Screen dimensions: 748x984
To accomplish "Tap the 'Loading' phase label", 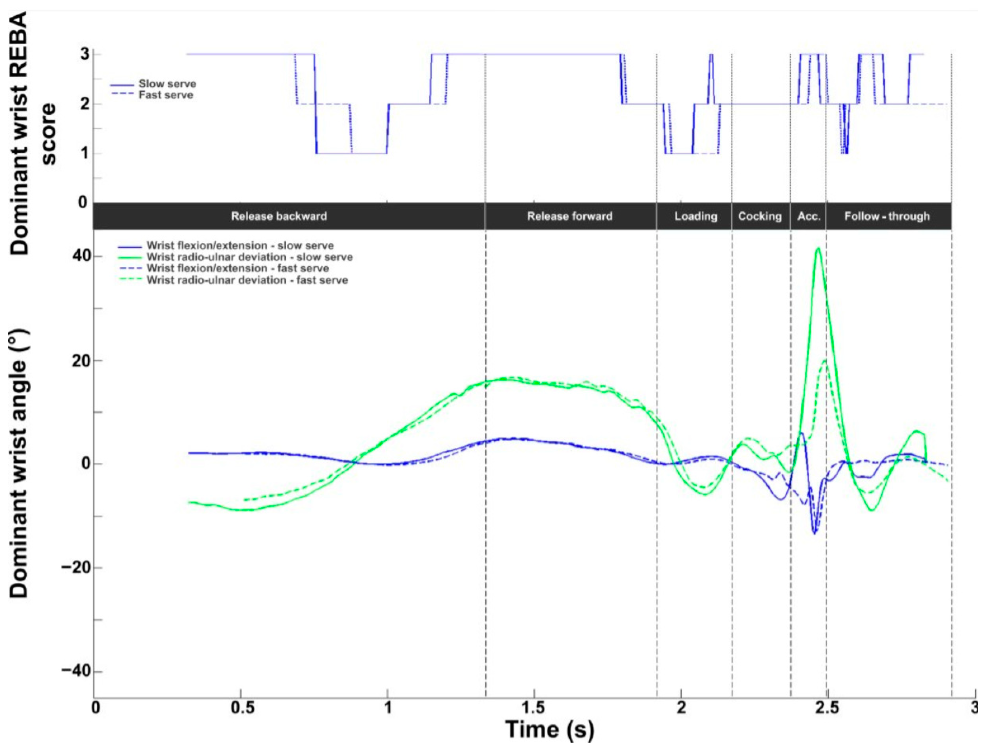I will [x=695, y=216].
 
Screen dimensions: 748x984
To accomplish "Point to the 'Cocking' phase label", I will [x=760, y=216].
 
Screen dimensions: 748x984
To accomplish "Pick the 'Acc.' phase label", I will [x=808, y=216].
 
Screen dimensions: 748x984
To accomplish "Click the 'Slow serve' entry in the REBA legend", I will [x=167, y=84].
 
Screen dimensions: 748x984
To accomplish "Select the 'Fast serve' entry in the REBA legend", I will [x=166, y=95].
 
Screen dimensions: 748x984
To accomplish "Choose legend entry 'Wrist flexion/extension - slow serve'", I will [x=240, y=245].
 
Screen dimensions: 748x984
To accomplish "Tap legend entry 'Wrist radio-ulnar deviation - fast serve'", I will [x=247, y=280].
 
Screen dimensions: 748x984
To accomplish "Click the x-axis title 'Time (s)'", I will [x=550, y=729].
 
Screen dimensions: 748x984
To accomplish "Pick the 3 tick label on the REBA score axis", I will [x=84, y=54].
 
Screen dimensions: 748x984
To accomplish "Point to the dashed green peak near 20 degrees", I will [x=825, y=360].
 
